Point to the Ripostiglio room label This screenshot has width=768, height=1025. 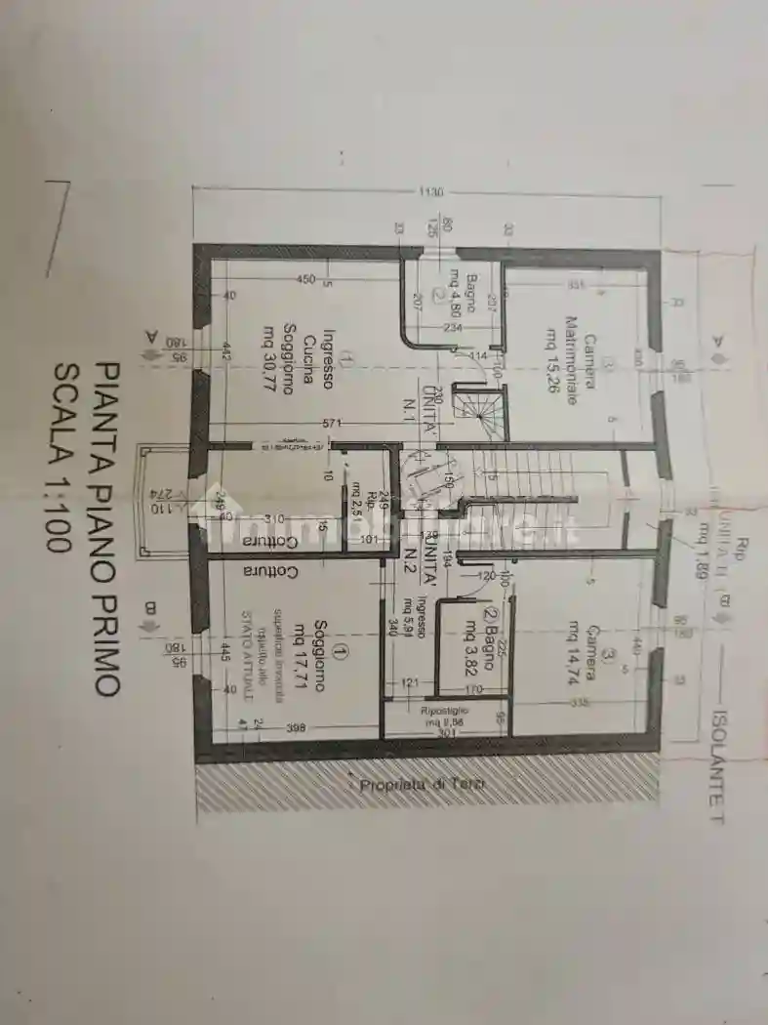444,712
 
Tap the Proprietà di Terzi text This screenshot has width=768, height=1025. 422,784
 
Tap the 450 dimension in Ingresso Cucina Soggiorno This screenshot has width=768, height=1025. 305,280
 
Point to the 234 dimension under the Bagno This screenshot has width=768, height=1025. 452,328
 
